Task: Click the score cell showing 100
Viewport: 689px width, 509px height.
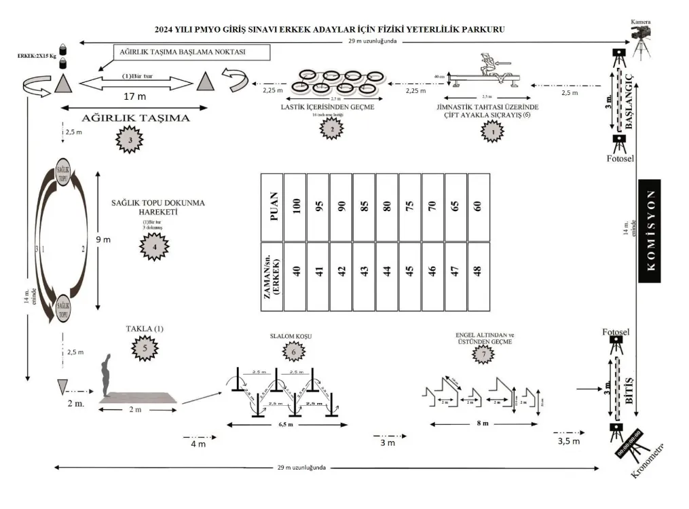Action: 295,206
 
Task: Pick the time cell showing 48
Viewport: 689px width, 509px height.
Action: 477,276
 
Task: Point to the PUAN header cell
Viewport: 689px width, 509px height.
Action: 272,206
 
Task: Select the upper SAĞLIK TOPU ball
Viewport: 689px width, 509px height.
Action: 62,172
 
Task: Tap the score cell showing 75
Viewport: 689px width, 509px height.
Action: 409,206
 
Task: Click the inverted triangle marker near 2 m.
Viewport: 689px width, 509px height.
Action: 63,388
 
